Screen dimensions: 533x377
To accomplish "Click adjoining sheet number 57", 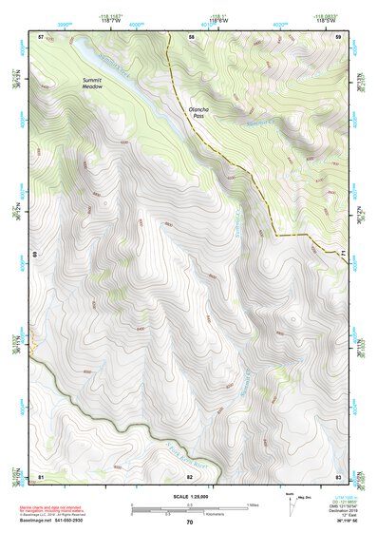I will click(x=41, y=36).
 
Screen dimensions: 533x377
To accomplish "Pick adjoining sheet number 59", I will click(x=339, y=36).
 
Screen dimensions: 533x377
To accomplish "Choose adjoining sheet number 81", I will click(x=41, y=475).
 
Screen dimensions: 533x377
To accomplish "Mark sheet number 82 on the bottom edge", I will click(x=190, y=475).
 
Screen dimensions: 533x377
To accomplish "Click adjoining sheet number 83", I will click(x=338, y=475).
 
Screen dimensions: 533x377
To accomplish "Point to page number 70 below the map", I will click(x=190, y=522).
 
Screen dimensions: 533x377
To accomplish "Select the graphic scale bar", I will click(x=190, y=506).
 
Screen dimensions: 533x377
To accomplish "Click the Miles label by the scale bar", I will click(x=253, y=504).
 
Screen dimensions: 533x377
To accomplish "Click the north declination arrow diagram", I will click(x=292, y=504).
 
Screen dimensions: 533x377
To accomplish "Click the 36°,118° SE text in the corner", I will click(x=346, y=522).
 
